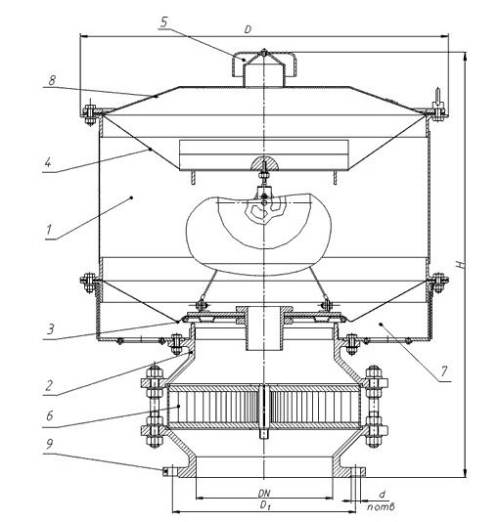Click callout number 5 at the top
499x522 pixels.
tap(164, 22)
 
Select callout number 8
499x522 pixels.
tap(52, 80)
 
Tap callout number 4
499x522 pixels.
tap(48, 163)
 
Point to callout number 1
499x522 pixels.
tap(49, 230)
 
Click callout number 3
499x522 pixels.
tap(50, 329)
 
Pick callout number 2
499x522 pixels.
tap(49, 385)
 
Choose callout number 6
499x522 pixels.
tap(50, 415)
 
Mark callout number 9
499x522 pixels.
tap(49, 444)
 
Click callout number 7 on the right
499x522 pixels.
tap(443, 371)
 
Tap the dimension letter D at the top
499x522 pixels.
tap(248, 29)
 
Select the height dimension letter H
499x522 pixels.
tap(460, 265)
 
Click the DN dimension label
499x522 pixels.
tap(264, 493)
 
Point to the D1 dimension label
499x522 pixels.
tap(264, 505)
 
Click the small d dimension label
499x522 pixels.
tap(383, 495)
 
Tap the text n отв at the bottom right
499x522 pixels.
tap(381, 507)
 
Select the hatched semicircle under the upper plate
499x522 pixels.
tap(264, 163)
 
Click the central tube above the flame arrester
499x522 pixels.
tap(264, 328)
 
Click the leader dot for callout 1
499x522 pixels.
tap(131, 197)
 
